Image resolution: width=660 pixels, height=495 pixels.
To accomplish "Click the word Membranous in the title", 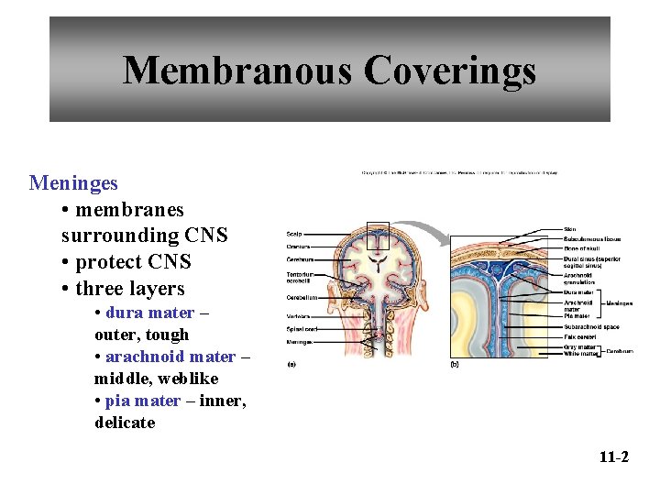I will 236,70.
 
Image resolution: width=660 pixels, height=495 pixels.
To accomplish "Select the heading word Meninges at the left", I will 73,183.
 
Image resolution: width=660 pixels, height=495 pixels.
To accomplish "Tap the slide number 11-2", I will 613,456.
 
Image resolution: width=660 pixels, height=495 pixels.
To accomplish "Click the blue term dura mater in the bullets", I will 149,313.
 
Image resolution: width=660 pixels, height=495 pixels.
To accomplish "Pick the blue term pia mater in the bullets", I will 142,401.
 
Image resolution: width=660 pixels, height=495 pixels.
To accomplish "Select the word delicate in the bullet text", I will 125,423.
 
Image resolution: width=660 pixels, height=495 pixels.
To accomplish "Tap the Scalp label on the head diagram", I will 294,234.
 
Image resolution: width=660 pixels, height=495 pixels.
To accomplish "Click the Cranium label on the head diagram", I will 298,247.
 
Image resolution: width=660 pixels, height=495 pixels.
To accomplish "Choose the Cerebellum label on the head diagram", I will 302,298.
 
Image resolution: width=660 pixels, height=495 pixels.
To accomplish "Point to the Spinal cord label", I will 302,329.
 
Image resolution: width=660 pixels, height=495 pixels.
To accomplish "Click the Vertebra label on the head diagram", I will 299,316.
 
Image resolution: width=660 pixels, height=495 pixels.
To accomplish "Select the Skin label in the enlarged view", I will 569,229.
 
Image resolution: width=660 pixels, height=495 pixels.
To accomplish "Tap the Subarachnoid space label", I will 591,326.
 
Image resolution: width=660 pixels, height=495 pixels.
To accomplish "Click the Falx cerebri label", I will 579,336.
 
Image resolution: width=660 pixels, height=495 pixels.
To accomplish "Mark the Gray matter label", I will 579,347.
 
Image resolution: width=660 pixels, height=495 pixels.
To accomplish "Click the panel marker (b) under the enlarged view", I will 455,364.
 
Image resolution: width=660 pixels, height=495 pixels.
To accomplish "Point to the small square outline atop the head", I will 378,236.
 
